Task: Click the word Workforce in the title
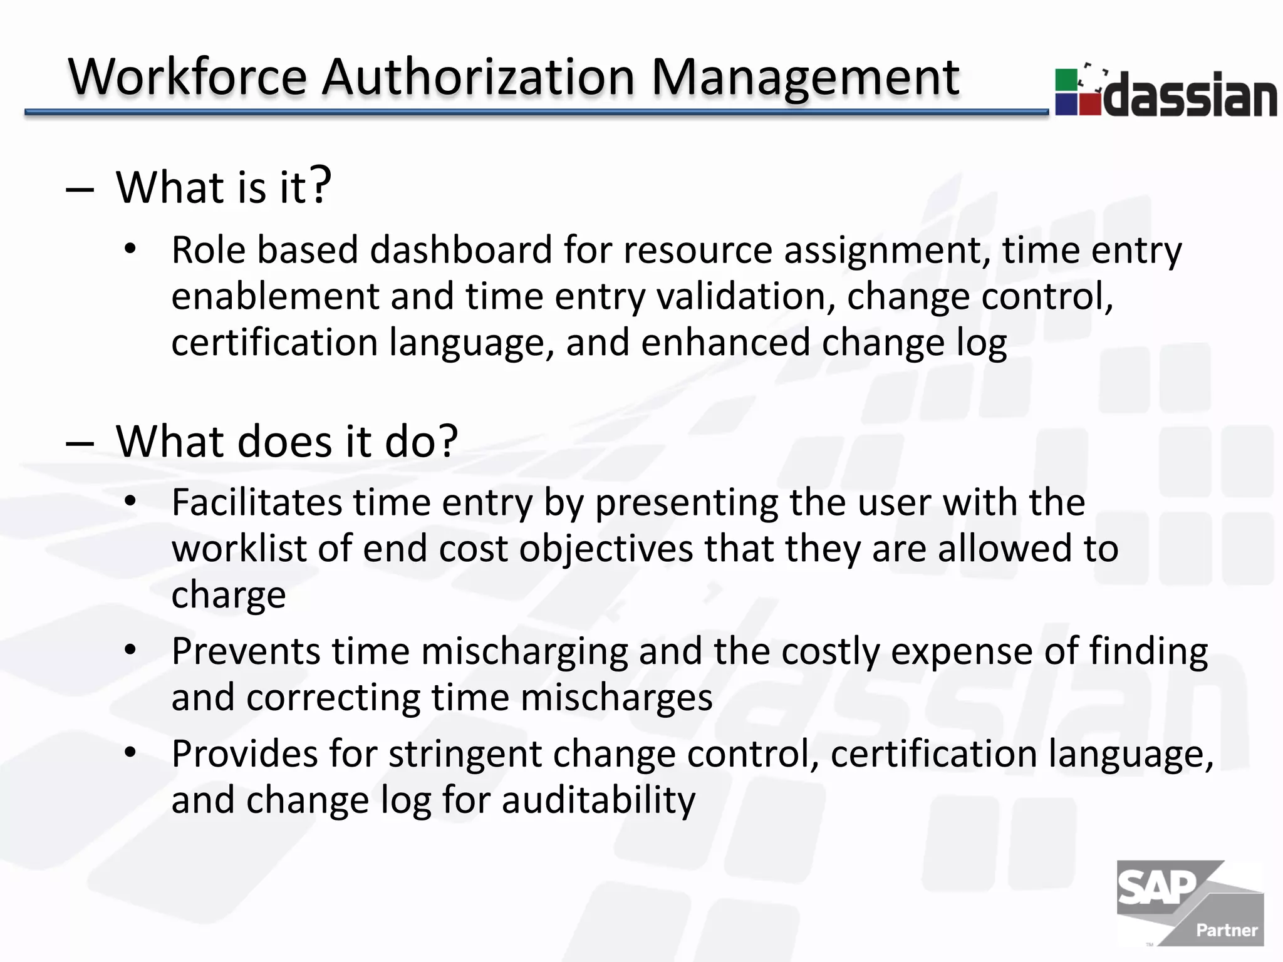[x=187, y=78]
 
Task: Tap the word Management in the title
[x=805, y=78]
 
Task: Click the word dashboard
[x=461, y=250]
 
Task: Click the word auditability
[x=598, y=800]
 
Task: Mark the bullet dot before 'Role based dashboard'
[x=130, y=249]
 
